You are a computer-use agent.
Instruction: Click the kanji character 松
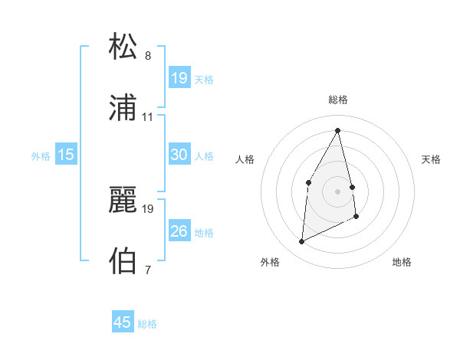123,47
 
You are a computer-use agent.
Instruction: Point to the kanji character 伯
123,260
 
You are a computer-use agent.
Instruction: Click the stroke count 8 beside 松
148,56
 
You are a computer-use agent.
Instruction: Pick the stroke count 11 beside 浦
148,117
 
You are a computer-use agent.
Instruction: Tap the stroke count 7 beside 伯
148,270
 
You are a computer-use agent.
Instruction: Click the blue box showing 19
179,78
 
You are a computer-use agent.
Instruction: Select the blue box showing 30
179,155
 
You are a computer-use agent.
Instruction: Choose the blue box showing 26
179,231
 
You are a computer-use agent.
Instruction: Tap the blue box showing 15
66,155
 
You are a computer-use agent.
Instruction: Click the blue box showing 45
123,322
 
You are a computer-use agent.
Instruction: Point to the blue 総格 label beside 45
147,324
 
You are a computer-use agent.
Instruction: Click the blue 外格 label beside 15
41,156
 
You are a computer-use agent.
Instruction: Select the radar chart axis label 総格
338,100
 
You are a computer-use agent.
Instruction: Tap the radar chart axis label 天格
432,159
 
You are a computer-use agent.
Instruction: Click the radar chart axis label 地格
402,262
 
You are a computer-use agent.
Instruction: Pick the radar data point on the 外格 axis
302,242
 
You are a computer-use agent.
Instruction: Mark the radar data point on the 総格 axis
338,130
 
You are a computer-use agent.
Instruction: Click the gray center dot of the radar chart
338,191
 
